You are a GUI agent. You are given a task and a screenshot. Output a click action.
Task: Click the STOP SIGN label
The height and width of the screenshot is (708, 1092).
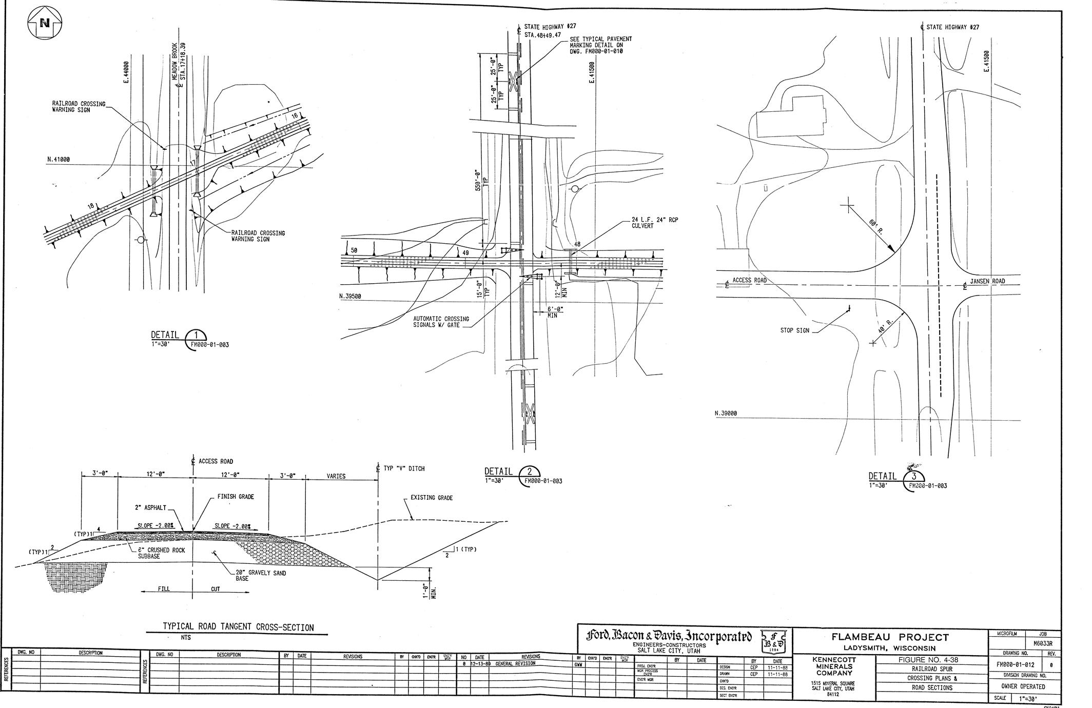pos(794,330)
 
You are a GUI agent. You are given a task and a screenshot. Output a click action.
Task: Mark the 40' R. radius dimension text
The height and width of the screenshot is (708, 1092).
pos(885,327)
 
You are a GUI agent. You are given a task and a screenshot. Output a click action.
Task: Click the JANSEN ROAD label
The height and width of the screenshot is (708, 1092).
pos(987,281)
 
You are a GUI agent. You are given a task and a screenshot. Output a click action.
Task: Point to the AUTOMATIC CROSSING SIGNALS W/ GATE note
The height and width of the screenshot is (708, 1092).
pos(441,322)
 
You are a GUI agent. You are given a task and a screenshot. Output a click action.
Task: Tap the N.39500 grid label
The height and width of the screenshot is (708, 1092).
pos(350,296)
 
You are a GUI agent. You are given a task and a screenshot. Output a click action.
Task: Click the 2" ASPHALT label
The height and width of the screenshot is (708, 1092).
pos(150,507)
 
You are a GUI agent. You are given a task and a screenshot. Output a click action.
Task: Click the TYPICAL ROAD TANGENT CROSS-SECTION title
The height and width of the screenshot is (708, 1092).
pos(238,627)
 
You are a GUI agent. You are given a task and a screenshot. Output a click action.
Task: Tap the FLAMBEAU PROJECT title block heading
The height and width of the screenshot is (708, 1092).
pos(890,637)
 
